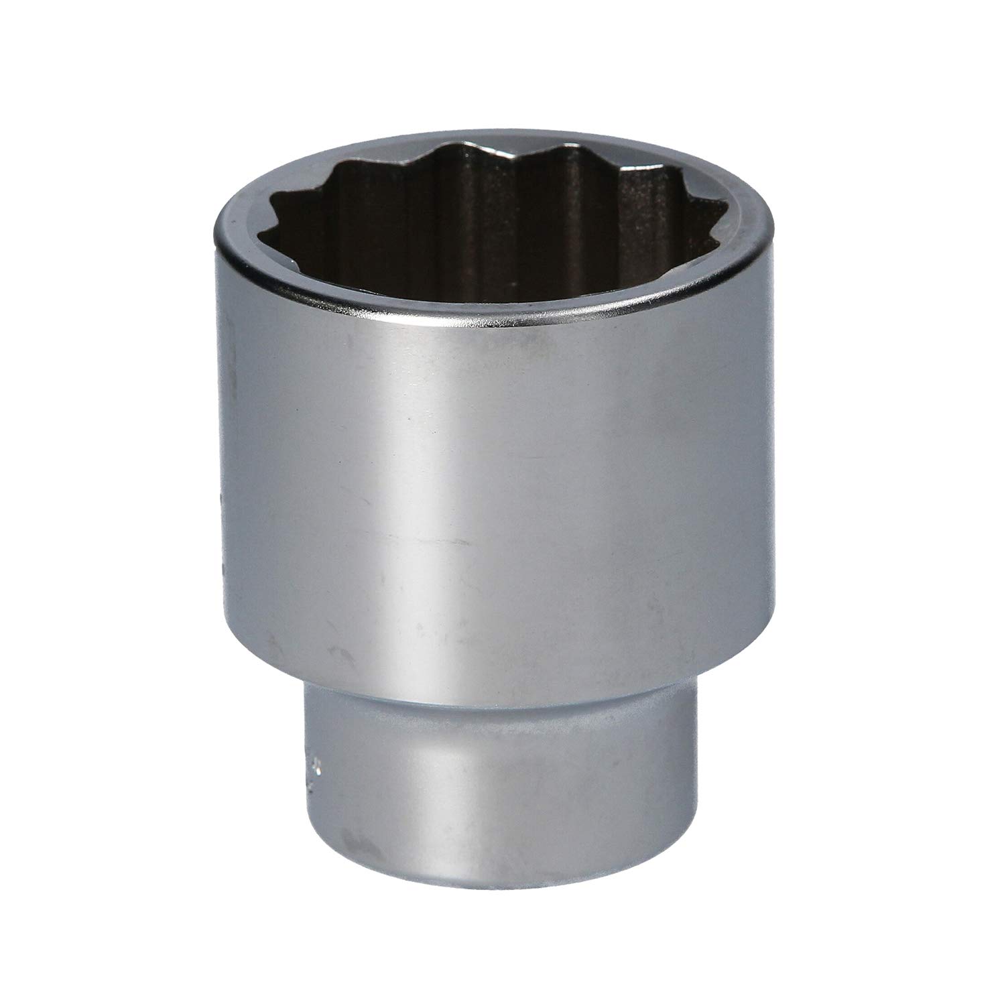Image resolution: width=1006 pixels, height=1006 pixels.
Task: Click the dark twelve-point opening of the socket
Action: (x=496, y=221)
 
